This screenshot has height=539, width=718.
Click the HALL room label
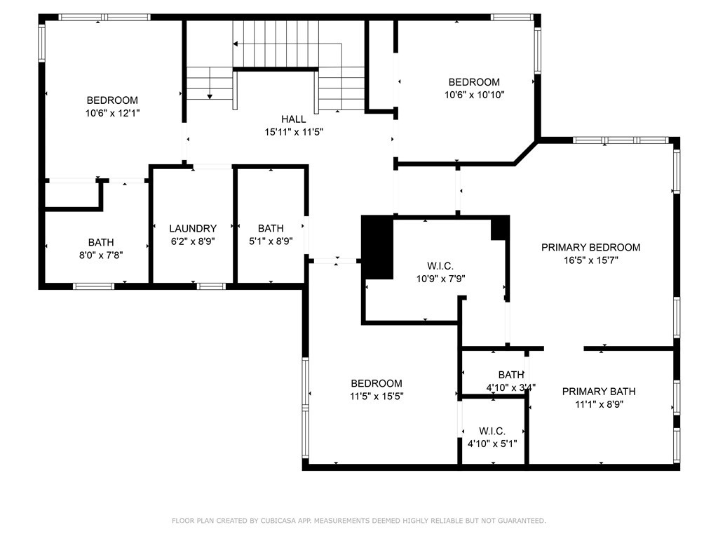294,119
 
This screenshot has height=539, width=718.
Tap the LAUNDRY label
193,228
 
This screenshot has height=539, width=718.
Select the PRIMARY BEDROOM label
590,248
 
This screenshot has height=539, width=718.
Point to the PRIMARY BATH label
599,392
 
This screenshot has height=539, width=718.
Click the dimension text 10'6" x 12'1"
113,113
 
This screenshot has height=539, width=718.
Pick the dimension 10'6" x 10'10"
475,95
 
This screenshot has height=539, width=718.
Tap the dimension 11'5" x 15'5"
377,396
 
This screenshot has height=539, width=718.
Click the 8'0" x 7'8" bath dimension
101,255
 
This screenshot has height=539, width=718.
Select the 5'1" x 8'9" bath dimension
271,241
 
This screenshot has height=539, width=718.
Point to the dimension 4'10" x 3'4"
511,387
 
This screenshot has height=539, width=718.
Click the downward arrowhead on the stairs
210,96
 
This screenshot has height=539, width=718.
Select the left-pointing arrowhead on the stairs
236,44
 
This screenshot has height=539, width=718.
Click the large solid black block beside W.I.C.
377,247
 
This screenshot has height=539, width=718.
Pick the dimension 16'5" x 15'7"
591,260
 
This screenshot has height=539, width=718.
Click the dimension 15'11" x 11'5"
294,132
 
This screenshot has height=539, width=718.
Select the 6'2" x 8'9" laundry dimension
193,241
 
